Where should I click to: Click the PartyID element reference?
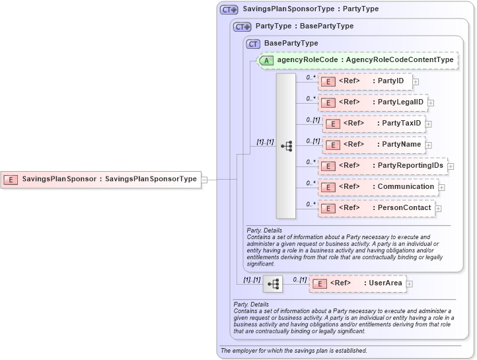click(x=365, y=81)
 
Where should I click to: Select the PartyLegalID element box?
click(x=373, y=102)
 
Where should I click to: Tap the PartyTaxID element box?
click(x=373, y=124)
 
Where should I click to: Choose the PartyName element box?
click(x=373, y=145)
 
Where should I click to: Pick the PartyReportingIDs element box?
click(x=383, y=166)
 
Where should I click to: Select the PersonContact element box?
click(x=376, y=208)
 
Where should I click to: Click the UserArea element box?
click(x=357, y=283)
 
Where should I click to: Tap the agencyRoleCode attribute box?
click(x=357, y=60)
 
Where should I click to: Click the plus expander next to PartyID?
click(x=416, y=81)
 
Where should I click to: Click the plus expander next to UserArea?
click(x=410, y=284)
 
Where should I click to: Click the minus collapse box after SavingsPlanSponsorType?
click(x=205, y=179)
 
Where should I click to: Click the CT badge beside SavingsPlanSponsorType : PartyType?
click(x=229, y=10)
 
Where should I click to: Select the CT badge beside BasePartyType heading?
click(x=253, y=44)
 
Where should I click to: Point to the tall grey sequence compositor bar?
click(x=286, y=146)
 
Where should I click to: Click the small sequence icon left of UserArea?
click(x=273, y=284)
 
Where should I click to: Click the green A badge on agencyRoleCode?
click(x=266, y=61)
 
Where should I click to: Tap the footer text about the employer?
click(x=294, y=351)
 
